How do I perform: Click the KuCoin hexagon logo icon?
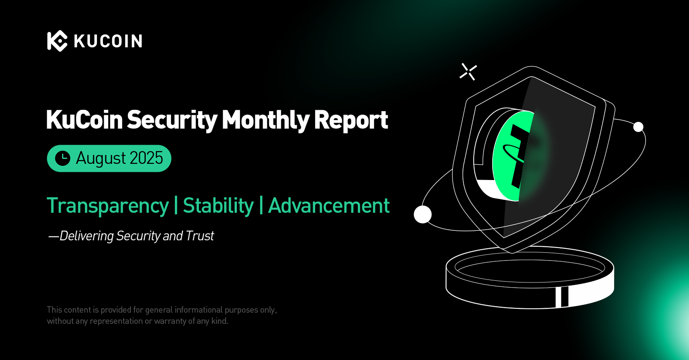coord(57,41)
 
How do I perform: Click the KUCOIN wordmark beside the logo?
coord(108,41)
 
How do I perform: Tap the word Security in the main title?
coord(172,120)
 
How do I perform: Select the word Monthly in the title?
coord(266,120)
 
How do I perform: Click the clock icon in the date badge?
coord(63,158)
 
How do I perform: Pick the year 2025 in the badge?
coord(146,158)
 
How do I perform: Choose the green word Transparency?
coord(108,206)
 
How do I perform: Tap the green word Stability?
coord(218,206)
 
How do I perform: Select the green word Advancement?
coord(329,205)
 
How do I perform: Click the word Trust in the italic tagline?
coord(200,236)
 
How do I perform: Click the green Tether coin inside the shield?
coord(512,156)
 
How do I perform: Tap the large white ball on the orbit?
coord(422,214)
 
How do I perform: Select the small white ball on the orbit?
coord(638,127)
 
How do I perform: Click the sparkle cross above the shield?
coord(468,72)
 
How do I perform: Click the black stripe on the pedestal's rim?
coord(565,297)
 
